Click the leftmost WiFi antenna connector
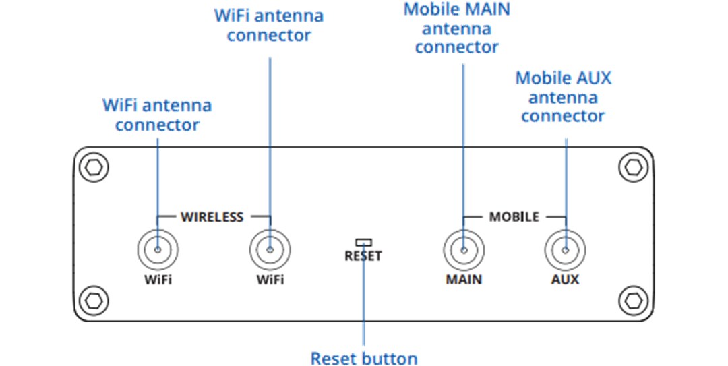157,250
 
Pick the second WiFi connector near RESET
270,250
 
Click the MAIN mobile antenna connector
464,250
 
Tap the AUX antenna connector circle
565,250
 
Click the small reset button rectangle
363,241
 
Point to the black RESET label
363,256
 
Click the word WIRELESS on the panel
212,217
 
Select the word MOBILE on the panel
514,217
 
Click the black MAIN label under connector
464,279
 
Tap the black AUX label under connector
565,279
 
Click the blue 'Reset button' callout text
363,358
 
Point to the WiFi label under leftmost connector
157,279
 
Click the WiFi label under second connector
270,279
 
